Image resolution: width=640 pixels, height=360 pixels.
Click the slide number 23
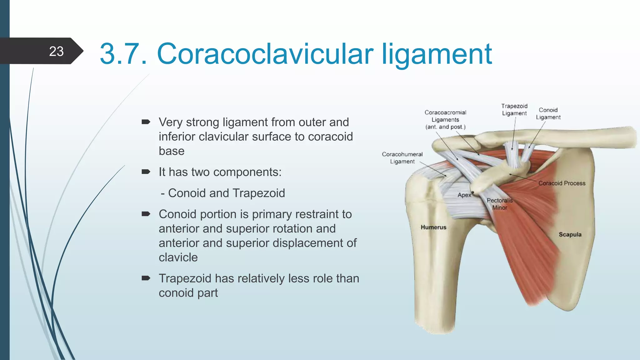(x=56, y=51)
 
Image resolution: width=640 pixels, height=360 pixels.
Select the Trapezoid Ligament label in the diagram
(x=514, y=110)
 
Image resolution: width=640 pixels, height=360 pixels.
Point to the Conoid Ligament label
(x=548, y=113)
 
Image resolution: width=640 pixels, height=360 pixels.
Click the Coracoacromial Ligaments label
(x=445, y=120)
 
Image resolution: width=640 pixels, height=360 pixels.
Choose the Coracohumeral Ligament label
(x=402, y=158)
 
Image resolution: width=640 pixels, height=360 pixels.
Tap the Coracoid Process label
(x=562, y=183)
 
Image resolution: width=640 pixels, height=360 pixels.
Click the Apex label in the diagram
(x=464, y=195)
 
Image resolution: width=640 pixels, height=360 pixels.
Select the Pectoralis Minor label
(x=500, y=204)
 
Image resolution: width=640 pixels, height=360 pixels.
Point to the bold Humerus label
(x=433, y=227)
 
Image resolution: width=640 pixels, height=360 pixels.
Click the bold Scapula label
(x=570, y=234)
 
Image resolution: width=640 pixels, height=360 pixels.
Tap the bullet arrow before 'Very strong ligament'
(x=146, y=122)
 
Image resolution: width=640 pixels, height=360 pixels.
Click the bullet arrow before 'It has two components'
(x=146, y=172)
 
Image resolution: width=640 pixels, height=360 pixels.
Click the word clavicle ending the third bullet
(x=178, y=257)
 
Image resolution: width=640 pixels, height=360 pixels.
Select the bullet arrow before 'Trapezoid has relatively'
(x=146, y=278)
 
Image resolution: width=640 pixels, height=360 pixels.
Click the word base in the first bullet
(x=172, y=151)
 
